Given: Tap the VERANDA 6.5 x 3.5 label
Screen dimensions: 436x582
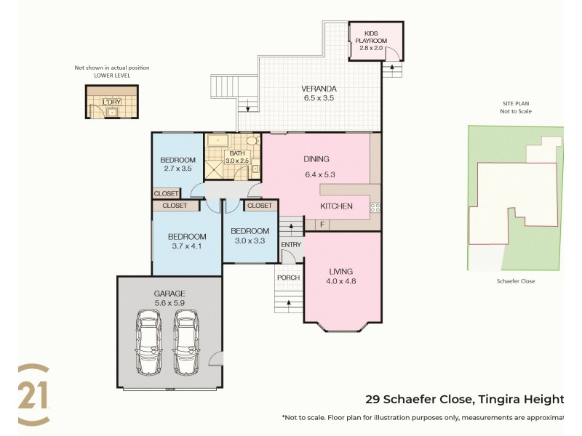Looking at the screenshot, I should (318, 94).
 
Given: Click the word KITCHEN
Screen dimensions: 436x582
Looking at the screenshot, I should (337, 206).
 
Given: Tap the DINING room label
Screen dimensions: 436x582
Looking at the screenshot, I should (316, 159).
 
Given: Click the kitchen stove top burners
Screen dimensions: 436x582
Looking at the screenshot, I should (375, 208).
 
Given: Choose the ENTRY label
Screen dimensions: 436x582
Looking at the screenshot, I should (291, 245).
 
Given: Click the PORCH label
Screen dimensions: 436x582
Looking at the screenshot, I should (287, 278).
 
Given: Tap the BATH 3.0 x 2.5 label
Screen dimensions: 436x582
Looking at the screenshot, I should (238, 157).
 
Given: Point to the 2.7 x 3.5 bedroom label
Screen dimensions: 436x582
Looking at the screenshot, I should (178, 164).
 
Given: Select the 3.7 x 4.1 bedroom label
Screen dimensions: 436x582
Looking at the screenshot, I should (187, 241).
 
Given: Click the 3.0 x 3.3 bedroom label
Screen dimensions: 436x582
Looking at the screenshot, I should (250, 235).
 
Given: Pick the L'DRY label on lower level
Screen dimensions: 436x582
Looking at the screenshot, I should (111, 102).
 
